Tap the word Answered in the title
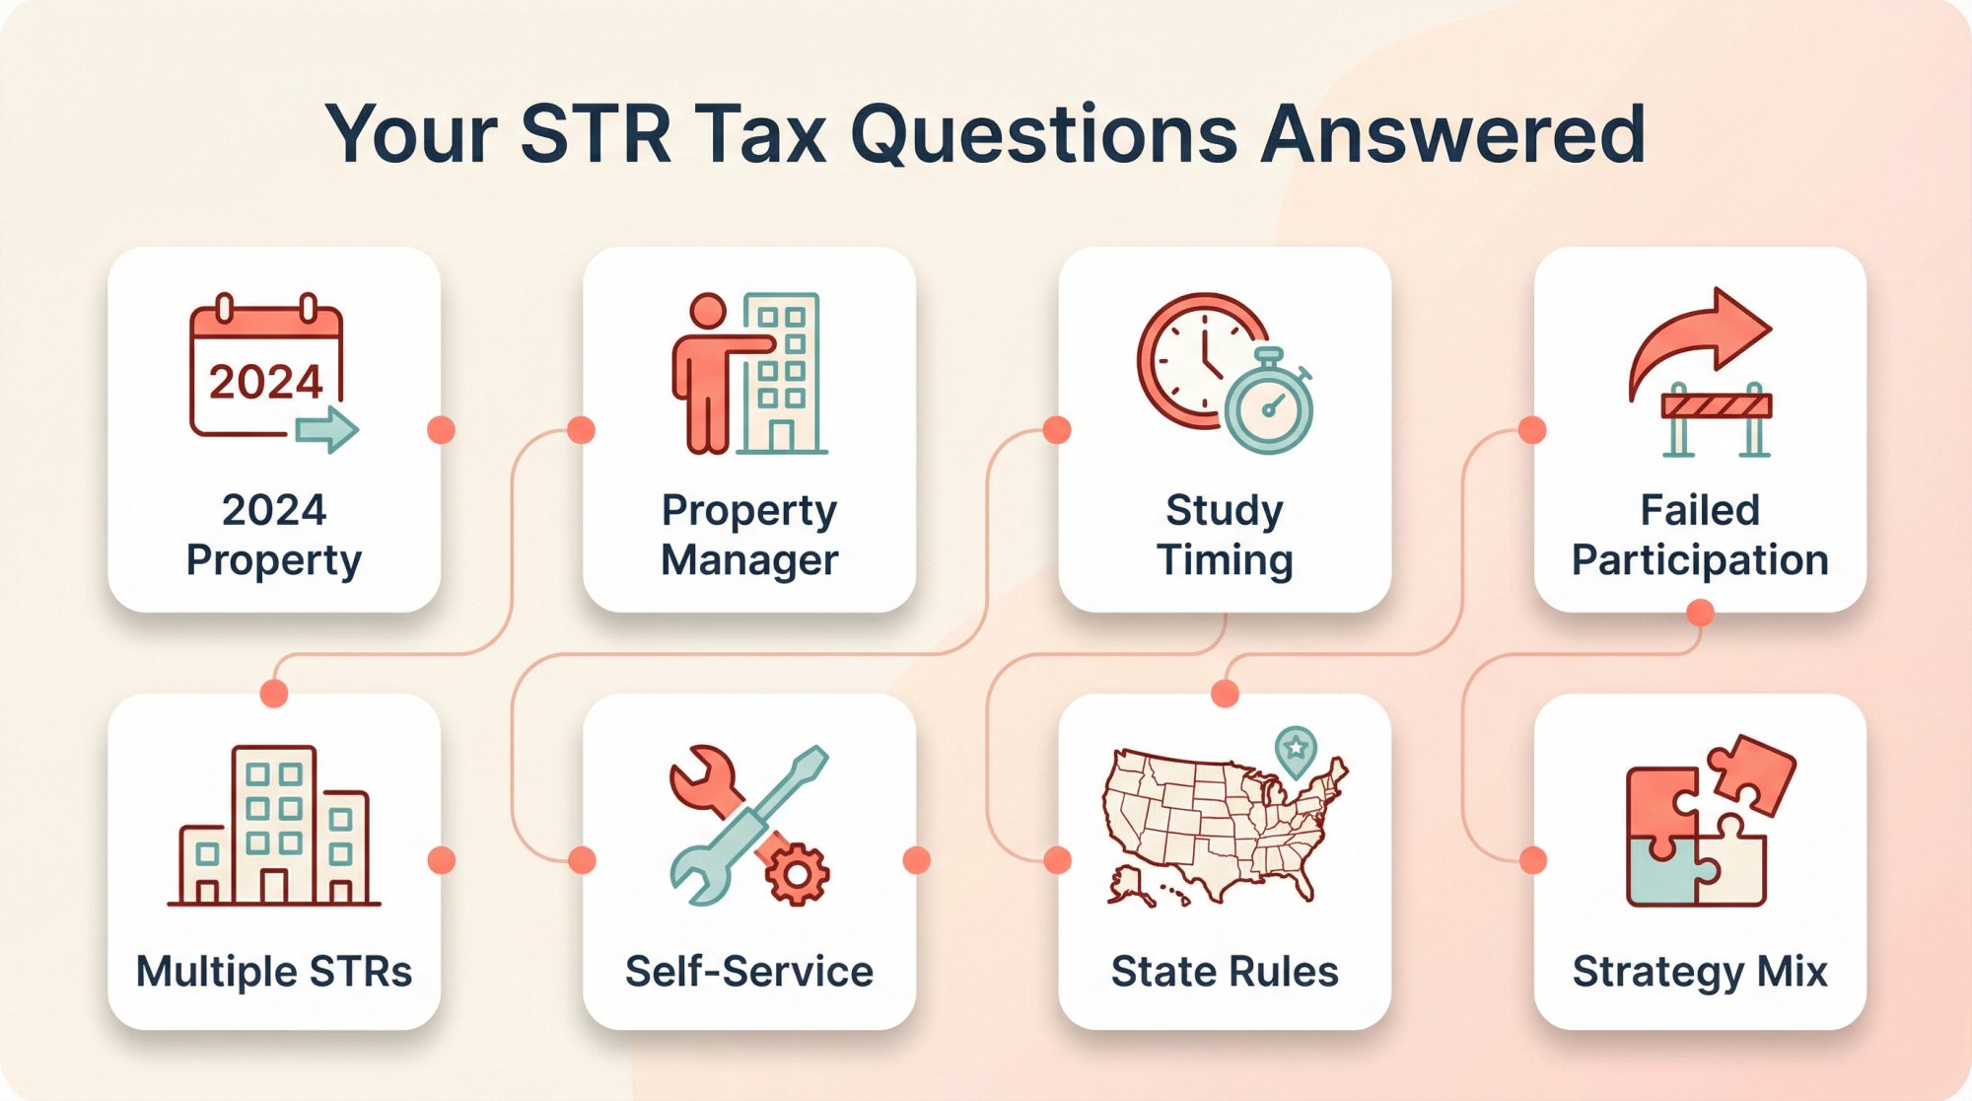tap(1453, 135)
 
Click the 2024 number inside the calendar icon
tap(265, 382)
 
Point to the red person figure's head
tap(707, 311)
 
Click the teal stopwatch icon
tap(1269, 404)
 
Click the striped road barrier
tap(1717, 405)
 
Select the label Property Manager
tap(749, 535)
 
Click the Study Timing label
tap(1225, 535)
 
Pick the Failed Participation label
tap(1700, 535)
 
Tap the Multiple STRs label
tap(274, 972)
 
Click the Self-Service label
tap(749, 972)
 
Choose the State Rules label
tap(1225, 972)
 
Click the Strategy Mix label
tap(1700, 972)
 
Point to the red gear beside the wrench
tap(797, 873)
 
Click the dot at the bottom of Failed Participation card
tap(1700, 613)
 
